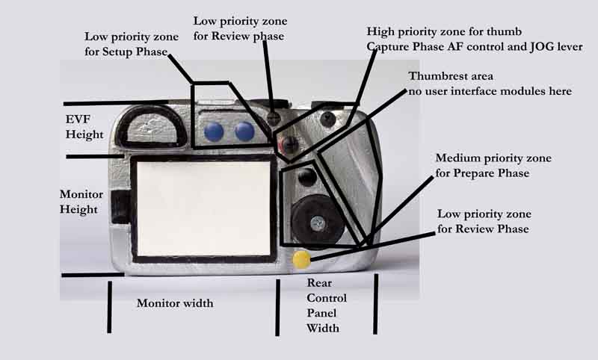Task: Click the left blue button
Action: (214, 132)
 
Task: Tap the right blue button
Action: (244, 132)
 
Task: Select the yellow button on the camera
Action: (301, 259)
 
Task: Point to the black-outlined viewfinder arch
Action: (154, 126)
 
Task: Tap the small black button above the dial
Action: (306, 178)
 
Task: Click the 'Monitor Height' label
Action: (79, 202)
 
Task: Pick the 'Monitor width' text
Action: (175, 303)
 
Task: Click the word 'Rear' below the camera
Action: (319, 284)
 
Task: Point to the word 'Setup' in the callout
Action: (123, 53)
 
